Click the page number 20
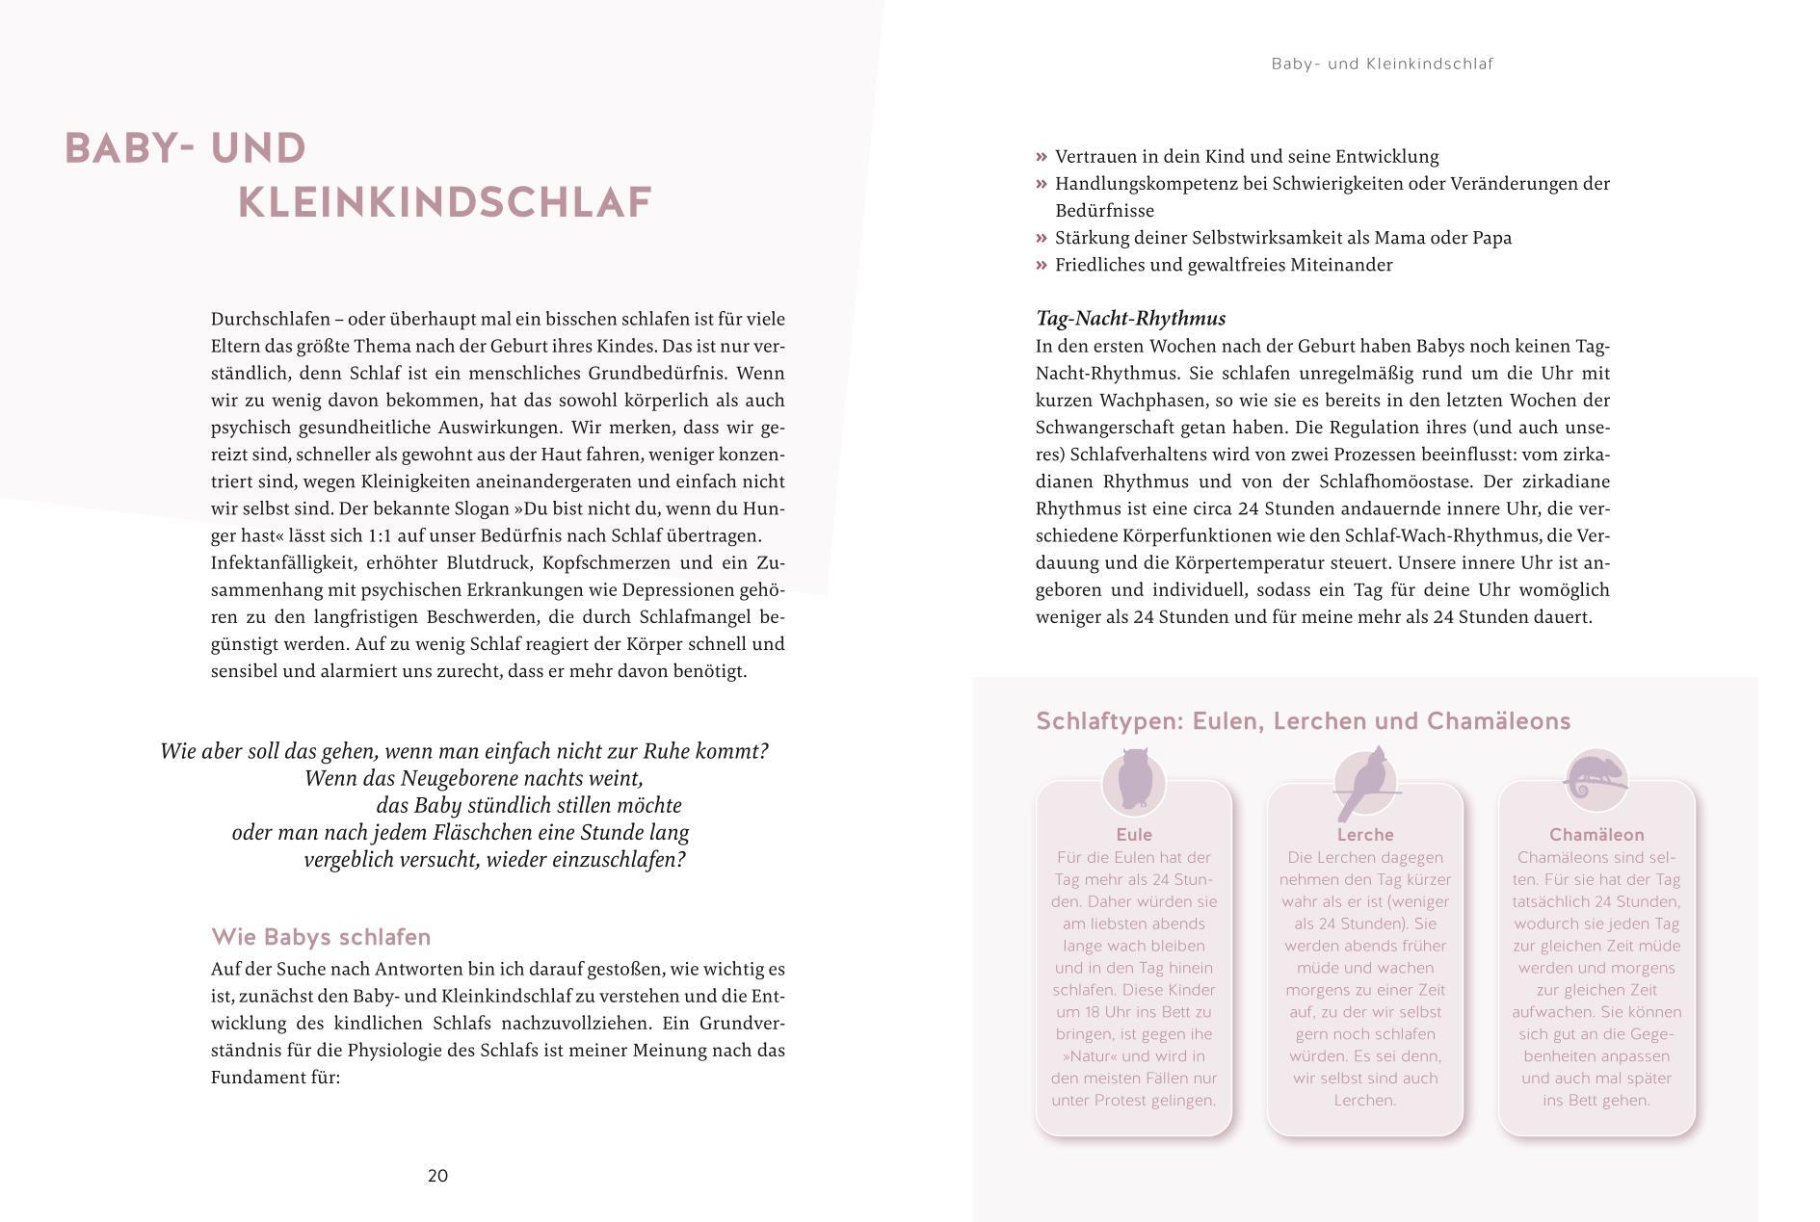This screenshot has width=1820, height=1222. pyautogui.click(x=437, y=1175)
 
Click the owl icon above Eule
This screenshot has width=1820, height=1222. pyautogui.click(x=1134, y=780)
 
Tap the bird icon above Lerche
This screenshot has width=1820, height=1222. pyautogui.click(x=1366, y=782)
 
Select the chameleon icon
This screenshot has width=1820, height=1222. pyautogui.click(x=1596, y=777)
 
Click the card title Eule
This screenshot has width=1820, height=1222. pyautogui.click(x=1134, y=835)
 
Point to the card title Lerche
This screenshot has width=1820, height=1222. pyautogui.click(x=1365, y=835)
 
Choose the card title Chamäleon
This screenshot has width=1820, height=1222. pyautogui.click(x=1596, y=835)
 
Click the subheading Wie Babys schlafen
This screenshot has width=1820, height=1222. pyautogui.click(x=321, y=937)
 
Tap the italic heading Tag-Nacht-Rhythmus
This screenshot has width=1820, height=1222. pyautogui.click(x=1130, y=319)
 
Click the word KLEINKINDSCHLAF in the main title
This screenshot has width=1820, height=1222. pyautogui.click(x=445, y=203)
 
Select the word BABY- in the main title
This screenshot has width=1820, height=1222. pyautogui.click(x=131, y=149)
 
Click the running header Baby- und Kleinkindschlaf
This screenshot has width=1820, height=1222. pyautogui.click(x=1382, y=65)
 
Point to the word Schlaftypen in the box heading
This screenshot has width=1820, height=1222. pyautogui.click(x=1108, y=721)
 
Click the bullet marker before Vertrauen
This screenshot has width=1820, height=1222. pyautogui.click(x=1042, y=157)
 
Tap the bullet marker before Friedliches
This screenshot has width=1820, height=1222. pyautogui.click(x=1042, y=265)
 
